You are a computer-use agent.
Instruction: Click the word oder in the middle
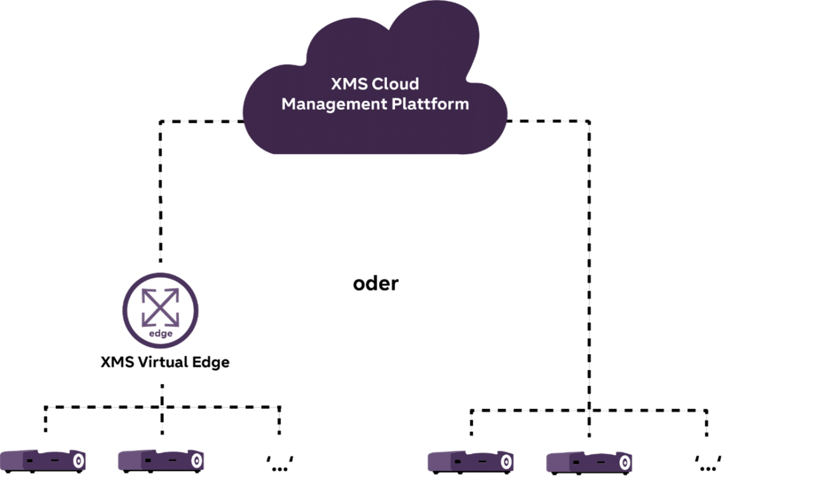pos(375,284)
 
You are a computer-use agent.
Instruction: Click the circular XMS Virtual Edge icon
pos(161,310)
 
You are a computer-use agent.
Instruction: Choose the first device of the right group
pos(470,461)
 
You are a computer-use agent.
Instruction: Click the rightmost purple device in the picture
pos(589,461)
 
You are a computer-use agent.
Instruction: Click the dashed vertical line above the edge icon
pos(161,190)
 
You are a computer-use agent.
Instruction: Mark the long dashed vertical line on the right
pos(589,267)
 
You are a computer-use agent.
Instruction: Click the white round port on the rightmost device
pos(626,461)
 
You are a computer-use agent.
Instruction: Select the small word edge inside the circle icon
pos(161,333)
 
